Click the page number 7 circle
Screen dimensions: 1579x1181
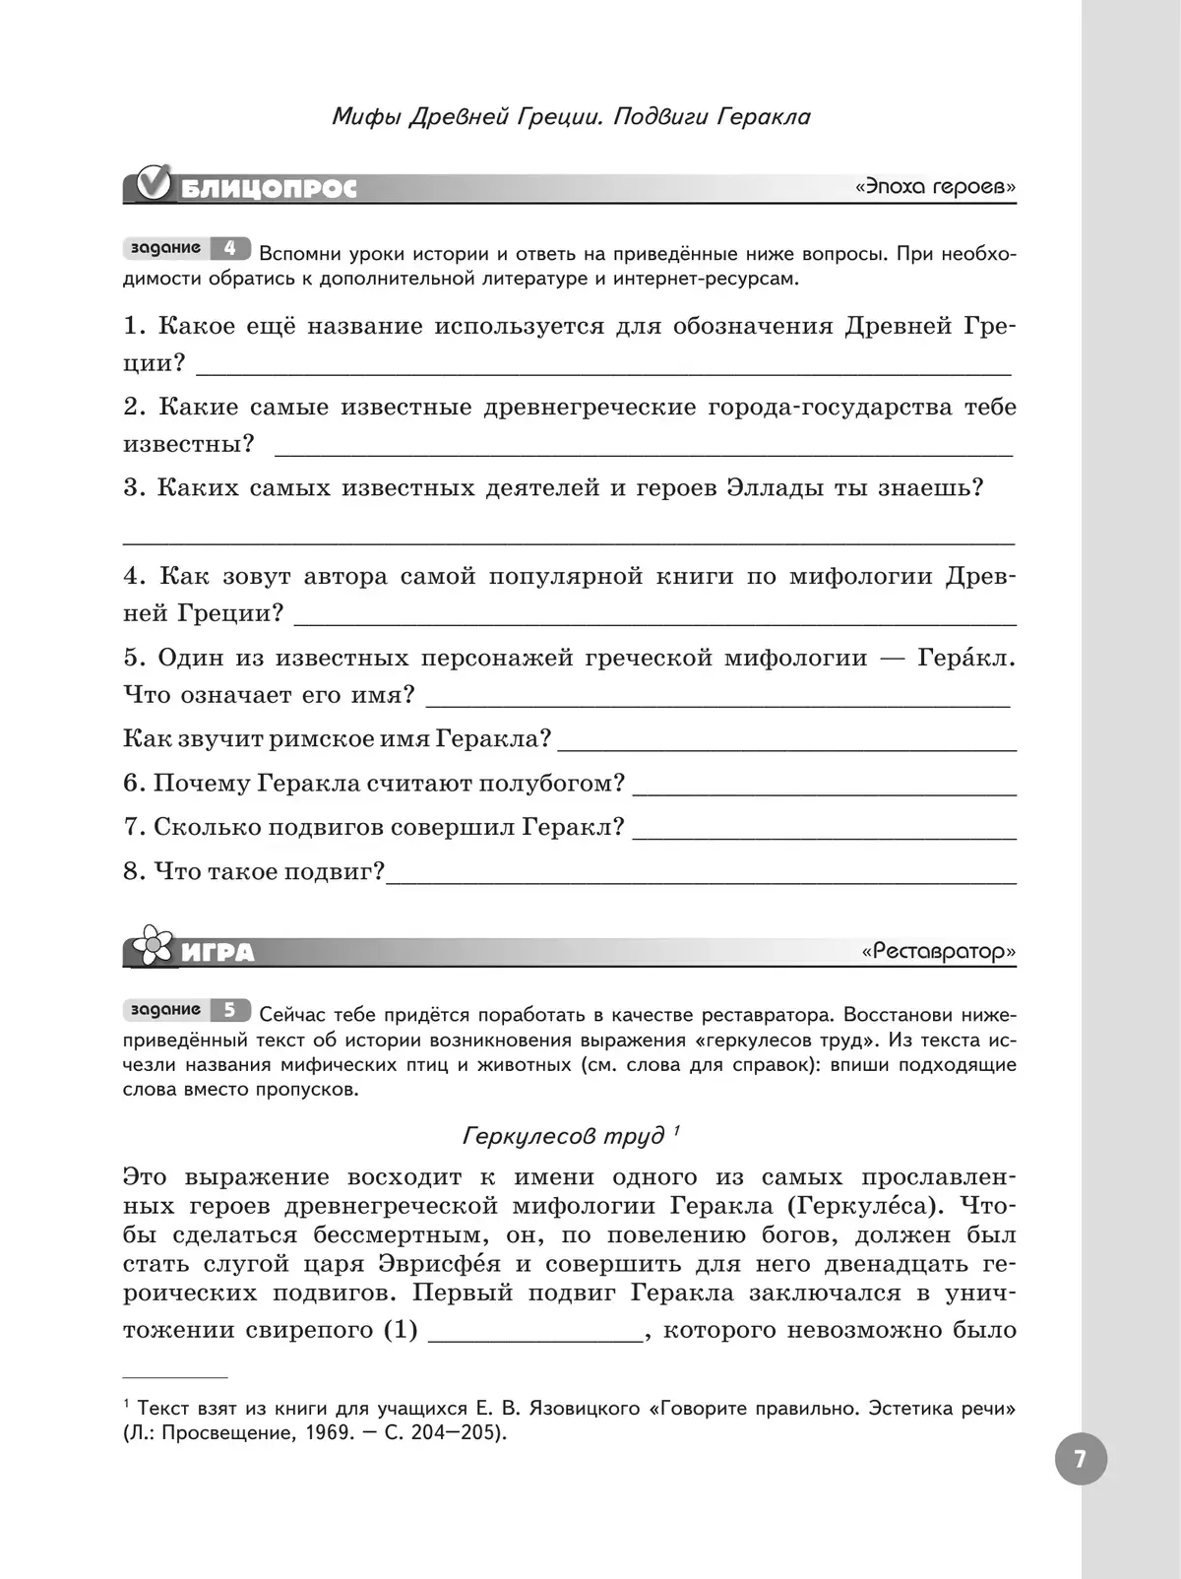pyautogui.click(x=1080, y=1459)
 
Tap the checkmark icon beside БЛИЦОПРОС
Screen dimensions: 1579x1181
pyautogui.click(x=155, y=183)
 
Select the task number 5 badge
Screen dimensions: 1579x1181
pyautogui.click(x=229, y=1010)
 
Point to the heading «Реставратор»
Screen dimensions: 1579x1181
pyautogui.click(x=938, y=952)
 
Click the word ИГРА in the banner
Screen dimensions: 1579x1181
pyautogui.click(x=218, y=953)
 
